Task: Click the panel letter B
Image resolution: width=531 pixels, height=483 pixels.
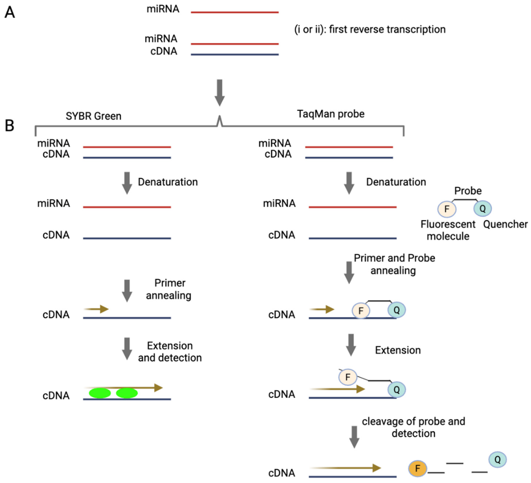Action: [x=9, y=125]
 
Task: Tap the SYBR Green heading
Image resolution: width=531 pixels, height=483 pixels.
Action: [x=93, y=116]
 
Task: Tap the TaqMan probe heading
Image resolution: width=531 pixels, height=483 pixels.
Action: [x=331, y=114]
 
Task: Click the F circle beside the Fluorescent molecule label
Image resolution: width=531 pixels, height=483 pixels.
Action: [x=447, y=209]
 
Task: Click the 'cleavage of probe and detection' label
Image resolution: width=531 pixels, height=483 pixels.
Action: [x=413, y=427]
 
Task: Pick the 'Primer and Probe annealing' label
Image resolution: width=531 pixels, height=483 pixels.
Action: [x=394, y=264]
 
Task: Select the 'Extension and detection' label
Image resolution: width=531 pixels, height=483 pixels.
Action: [x=170, y=352]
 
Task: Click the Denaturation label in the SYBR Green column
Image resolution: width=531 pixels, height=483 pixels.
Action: [x=168, y=182]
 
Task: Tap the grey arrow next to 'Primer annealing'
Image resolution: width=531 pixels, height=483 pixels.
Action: [x=127, y=290]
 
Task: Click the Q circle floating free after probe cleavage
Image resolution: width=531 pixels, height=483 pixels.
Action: [x=497, y=460]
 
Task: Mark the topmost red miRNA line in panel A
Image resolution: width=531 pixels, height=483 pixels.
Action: [x=234, y=12]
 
